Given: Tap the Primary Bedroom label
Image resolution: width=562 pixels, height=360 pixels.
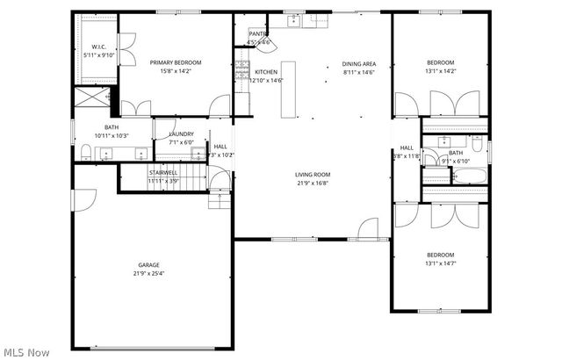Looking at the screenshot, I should click(176, 62).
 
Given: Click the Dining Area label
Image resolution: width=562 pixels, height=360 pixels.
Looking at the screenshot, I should click(359, 63).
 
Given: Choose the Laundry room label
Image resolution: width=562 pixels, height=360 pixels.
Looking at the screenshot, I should click(181, 133).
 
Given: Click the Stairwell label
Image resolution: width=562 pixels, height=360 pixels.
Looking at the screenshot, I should click(163, 172).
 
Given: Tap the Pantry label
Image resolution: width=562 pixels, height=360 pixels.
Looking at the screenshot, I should click(258, 33).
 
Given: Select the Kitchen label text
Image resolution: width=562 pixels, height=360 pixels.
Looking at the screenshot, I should click(266, 72).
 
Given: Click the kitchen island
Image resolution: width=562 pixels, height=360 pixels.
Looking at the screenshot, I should click(287, 89).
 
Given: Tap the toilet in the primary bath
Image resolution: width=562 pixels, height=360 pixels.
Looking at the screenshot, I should click(84, 154).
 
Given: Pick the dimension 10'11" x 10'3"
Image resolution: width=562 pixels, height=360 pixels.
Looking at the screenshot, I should click(112, 135).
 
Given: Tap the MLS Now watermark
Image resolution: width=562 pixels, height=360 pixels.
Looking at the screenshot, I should click(25, 352).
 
